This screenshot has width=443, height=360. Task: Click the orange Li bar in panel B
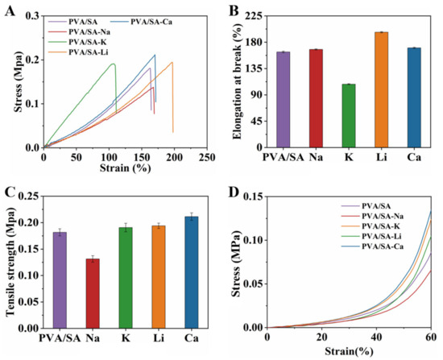(381, 90)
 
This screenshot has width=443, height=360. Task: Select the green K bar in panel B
(348, 116)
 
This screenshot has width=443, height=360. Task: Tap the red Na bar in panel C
(93, 293)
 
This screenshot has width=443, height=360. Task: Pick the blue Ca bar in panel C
(191, 272)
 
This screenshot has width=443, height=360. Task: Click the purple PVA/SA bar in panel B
(283, 100)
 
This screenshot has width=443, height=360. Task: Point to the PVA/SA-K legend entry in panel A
(77, 42)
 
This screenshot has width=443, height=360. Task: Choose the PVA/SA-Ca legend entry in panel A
(141, 22)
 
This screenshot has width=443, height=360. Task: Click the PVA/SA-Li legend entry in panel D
(372, 236)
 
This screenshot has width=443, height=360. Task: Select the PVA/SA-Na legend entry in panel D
(372, 217)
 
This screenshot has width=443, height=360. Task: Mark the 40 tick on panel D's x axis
(376, 337)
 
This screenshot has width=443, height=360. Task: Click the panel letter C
(10, 192)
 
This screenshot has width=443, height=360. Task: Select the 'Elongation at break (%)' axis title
(238, 81)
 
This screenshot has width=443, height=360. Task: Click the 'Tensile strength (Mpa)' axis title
(10, 262)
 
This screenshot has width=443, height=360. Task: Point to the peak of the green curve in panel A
(114, 64)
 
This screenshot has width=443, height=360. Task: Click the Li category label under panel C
(158, 338)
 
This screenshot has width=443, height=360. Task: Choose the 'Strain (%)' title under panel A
(125, 168)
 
